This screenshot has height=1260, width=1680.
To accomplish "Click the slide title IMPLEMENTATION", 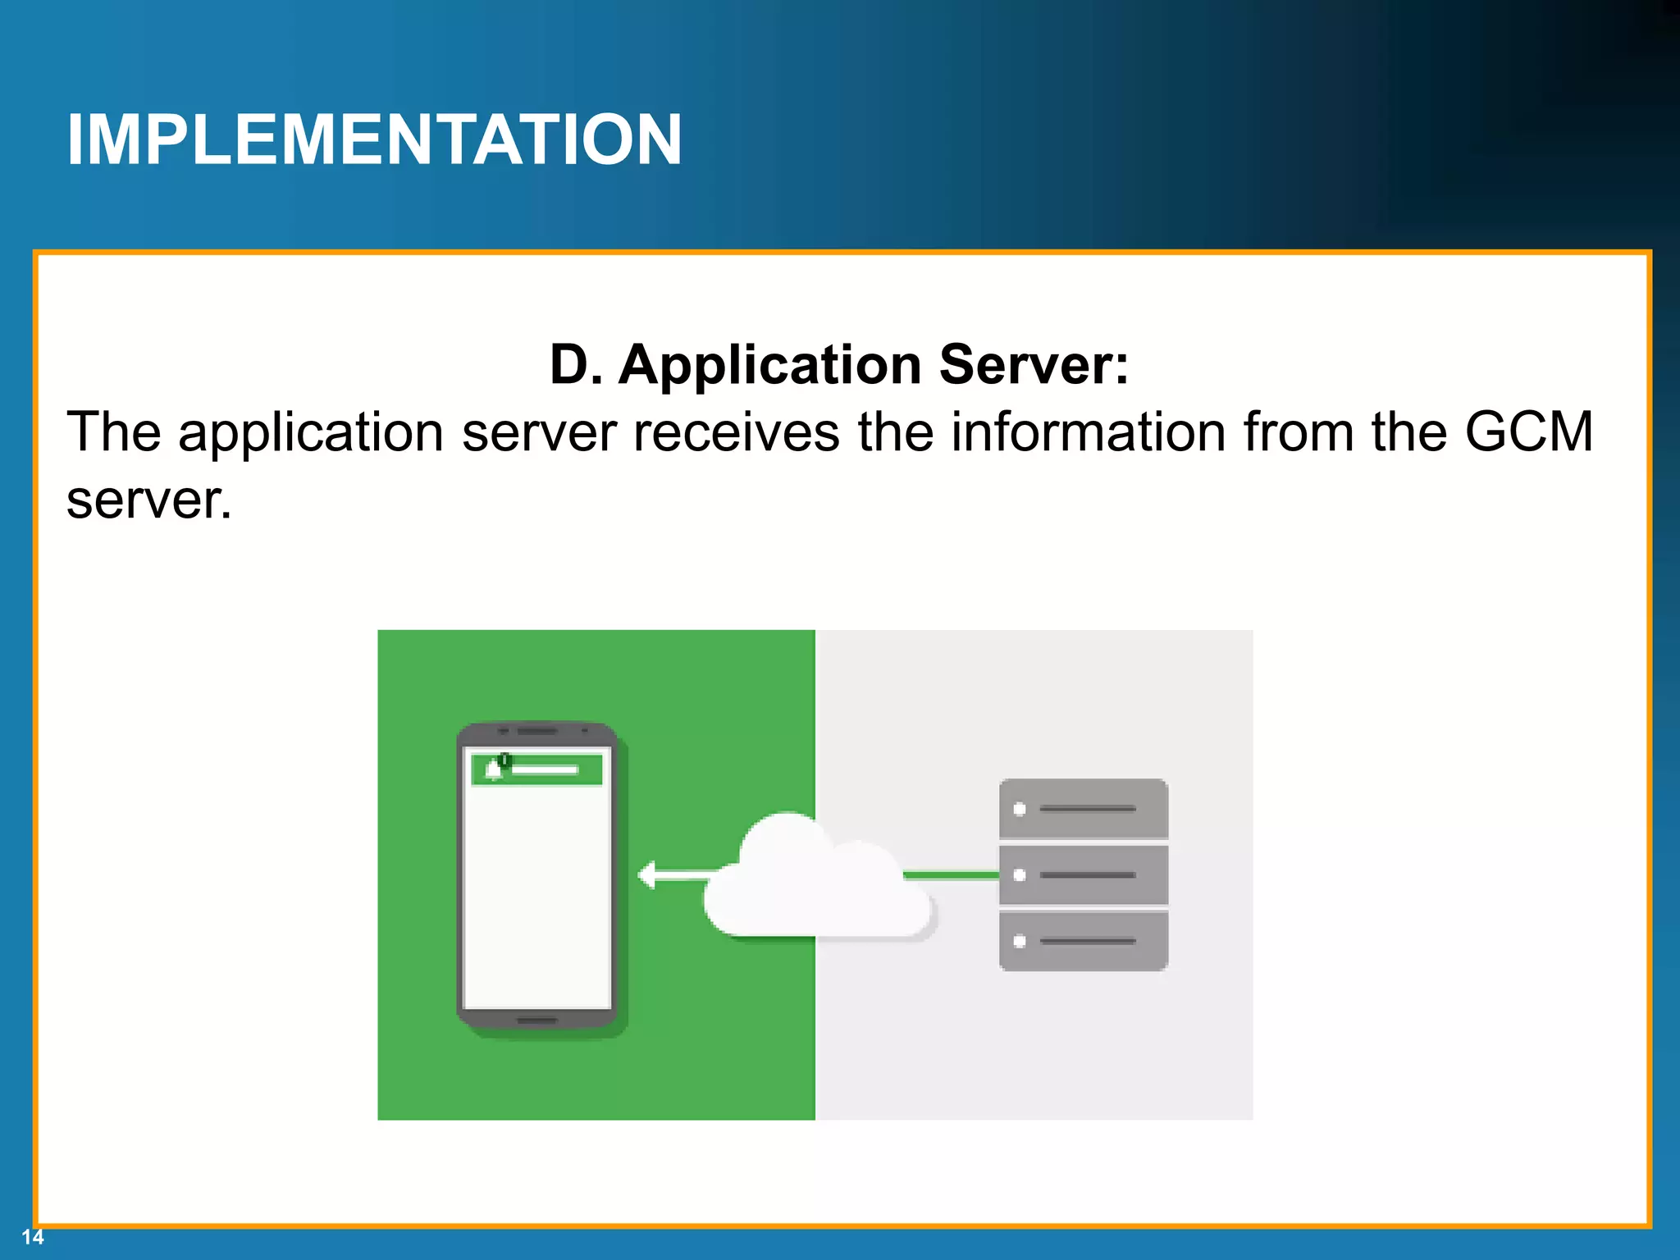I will tap(374, 139).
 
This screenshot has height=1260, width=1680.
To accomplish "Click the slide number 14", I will tap(32, 1237).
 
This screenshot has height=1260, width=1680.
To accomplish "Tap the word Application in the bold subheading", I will tap(769, 364).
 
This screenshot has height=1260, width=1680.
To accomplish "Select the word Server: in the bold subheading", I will tap(1034, 364).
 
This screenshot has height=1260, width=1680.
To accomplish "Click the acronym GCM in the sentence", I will tap(1528, 431).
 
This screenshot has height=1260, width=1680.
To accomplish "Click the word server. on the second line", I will tap(148, 500).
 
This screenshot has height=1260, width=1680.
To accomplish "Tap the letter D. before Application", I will tap(576, 364).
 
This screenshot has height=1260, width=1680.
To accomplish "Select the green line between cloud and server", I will tap(952, 875).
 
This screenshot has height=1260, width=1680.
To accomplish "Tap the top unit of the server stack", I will tap(1083, 809).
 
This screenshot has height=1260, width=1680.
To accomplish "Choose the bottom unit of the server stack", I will tap(1083, 941).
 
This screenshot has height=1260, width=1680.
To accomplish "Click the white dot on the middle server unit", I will tap(1020, 875).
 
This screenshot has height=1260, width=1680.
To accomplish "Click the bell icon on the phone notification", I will tap(494, 769).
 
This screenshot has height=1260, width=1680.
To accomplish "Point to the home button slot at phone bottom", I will tap(537, 1020).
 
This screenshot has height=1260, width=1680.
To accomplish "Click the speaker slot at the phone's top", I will tap(537, 730).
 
